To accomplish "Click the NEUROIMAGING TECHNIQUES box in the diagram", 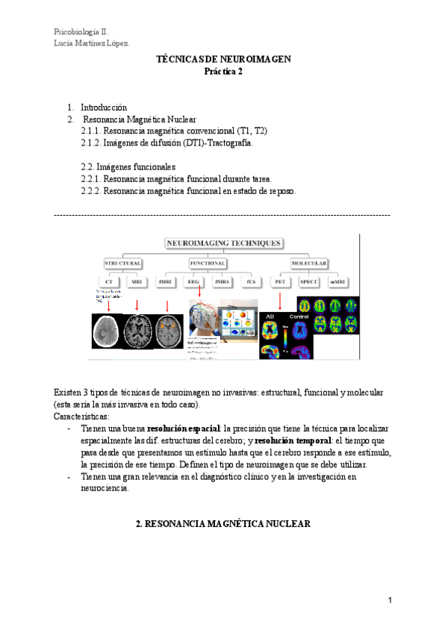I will tap(223, 243).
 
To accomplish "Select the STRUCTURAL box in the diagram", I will tap(123, 264).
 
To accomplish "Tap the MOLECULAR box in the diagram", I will tap(308, 264).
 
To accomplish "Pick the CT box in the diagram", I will tap(109, 282).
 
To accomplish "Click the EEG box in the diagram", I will tap(193, 282).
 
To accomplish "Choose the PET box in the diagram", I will tap(280, 282).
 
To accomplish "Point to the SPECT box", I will tap(308, 282).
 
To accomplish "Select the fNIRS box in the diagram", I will tap(222, 282).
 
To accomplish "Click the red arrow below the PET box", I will tap(280, 301).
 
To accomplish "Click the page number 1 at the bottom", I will tap(390, 601).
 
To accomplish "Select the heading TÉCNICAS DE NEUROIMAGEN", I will tap(223, 59).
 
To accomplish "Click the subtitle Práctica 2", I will tap(223, 72).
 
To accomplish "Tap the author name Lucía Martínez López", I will tap(92, 43).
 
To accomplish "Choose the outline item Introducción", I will tap(104, 107).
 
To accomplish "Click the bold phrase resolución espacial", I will tap(183, 429).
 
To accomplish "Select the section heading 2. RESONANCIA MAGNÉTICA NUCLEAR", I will tap(223, 525).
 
